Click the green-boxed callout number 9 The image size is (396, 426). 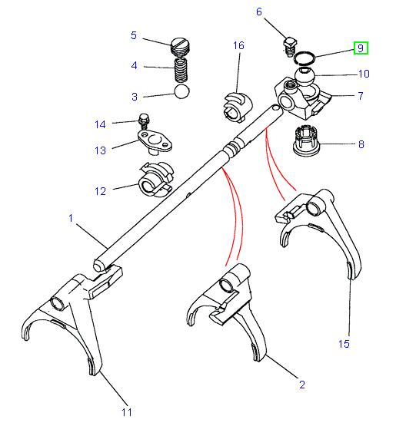pyautogui.click(x=361, y=48)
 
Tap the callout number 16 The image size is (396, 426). pyautogui.click(x=238, y=45)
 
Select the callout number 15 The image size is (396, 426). pyautogui.click(x=344, y=344)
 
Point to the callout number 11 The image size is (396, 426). pyautogui.click(x=127, y=412)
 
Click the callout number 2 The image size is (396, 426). pyautogui.click(x=302, y=385)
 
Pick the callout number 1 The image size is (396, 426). pyautogui.click(x=71, y=218)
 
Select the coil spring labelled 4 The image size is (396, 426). pyautogui.click(x=181, y=71)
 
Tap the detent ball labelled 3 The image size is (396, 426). pyautogui.click(x=181, y=91)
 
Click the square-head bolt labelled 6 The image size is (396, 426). pyautogui.click(x=291, y=47)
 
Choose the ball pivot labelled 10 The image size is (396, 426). pyautogui.click(x=304, y=77)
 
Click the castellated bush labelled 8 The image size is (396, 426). pyautogui.click(x=307, y=141)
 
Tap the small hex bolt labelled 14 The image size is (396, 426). pyautogui.click(x=144, y=122)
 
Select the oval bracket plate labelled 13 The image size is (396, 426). pyautogui.click(x=155, y=142)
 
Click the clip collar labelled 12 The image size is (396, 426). pyautogui.click(x=156, y=180)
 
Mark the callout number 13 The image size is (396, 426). pyautogui.click(x=100, y=150)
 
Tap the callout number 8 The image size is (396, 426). pyautogui.click(x=361, y=144)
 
